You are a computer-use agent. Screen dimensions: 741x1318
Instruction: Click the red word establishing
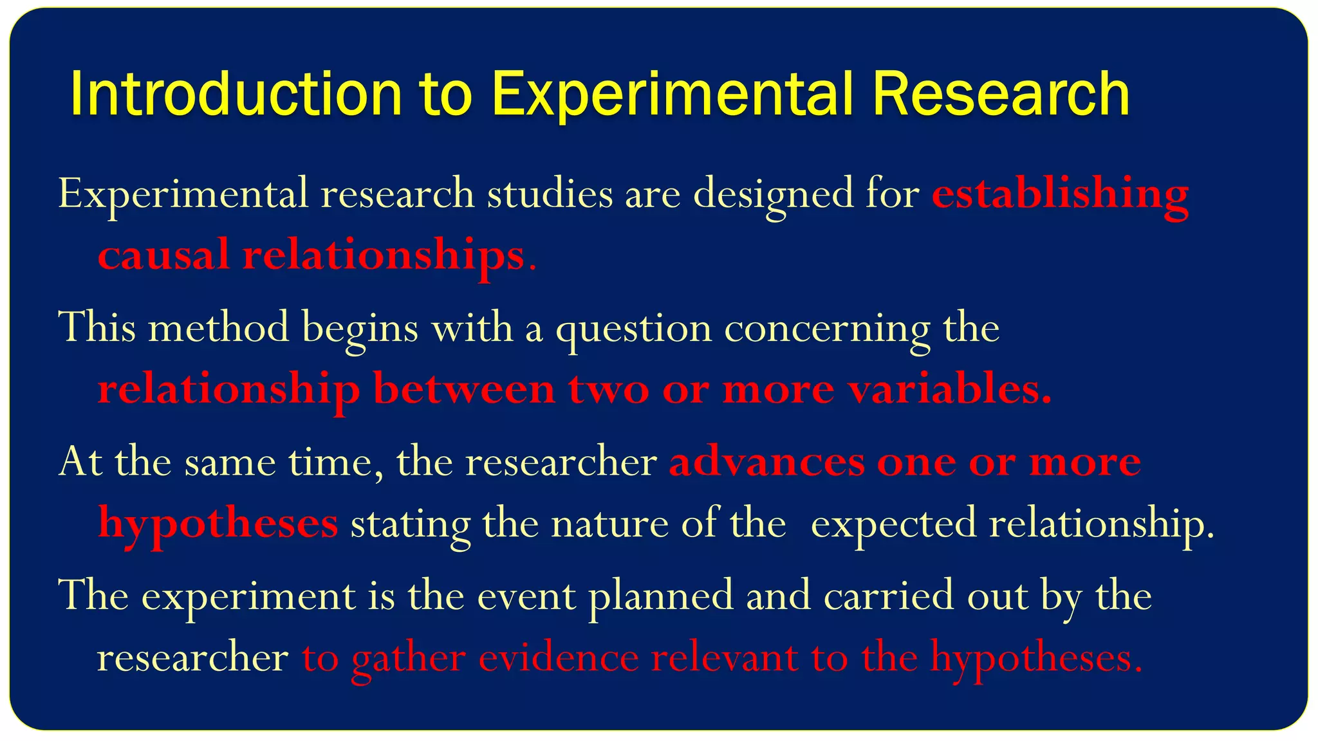click(1059, 193)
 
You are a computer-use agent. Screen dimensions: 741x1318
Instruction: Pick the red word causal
click(163, 254)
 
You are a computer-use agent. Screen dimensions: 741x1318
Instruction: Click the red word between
click(464, 389)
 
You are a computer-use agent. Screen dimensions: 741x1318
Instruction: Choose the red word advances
click(766, 461)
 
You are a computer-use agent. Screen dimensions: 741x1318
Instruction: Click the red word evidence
click(559, 657)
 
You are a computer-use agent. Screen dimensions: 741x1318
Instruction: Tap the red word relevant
click(725, 657)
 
